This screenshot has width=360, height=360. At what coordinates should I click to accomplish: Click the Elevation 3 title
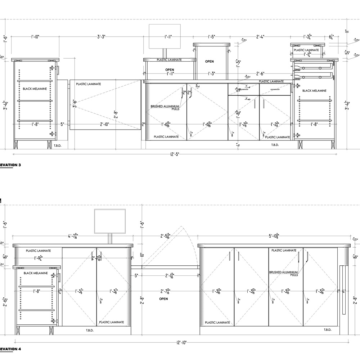11,165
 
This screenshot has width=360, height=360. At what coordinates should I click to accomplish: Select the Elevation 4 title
11,349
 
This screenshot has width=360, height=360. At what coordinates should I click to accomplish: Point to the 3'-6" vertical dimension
75,103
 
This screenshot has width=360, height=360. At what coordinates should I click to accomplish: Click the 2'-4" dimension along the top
260,36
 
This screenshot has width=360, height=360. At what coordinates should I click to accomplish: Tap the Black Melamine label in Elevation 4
36,273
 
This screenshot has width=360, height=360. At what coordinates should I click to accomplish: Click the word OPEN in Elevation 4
163,299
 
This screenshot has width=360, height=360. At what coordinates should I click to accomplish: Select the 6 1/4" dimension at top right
332,36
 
